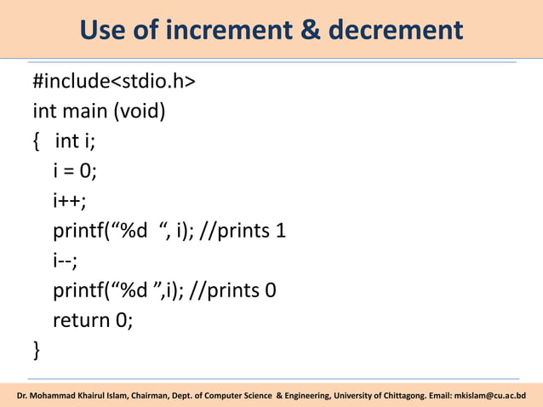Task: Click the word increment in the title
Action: point(213,31)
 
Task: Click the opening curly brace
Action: point(36,141)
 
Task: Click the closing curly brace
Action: point(36,349)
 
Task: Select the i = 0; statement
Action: point(75,171)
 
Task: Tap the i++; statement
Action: point(69,201)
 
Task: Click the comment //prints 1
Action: point(242,231)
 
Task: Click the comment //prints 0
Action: point(233,290)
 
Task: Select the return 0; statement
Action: point(93,320)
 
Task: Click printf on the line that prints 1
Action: point(77,231)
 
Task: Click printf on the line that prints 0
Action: point(77,290)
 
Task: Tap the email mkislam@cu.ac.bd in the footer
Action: point(490,395)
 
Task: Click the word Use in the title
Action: point(102,31)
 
